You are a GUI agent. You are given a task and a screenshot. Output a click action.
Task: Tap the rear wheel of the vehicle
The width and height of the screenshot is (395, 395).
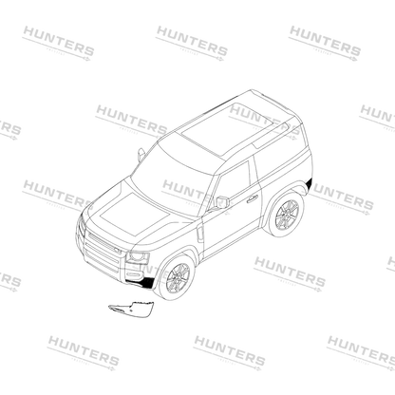287,215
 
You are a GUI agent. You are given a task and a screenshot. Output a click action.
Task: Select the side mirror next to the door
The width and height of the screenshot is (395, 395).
222,202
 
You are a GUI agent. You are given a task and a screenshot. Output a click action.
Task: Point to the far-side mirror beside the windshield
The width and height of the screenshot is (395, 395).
141,154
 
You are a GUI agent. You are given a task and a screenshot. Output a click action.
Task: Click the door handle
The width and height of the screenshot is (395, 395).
253,198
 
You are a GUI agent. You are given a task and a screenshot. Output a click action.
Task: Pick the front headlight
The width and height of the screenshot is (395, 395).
138,257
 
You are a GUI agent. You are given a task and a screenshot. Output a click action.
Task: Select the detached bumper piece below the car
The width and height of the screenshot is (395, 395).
131,308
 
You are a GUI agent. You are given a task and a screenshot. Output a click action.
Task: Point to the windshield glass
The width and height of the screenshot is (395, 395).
175,175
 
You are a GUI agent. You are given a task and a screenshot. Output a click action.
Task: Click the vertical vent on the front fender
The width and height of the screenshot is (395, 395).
200,234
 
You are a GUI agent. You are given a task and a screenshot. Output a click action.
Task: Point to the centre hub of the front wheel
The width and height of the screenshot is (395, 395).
178,277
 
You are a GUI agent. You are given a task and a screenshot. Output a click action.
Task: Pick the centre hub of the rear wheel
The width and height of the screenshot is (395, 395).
287,215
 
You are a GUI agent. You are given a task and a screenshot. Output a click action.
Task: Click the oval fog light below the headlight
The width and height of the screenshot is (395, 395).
135,273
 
